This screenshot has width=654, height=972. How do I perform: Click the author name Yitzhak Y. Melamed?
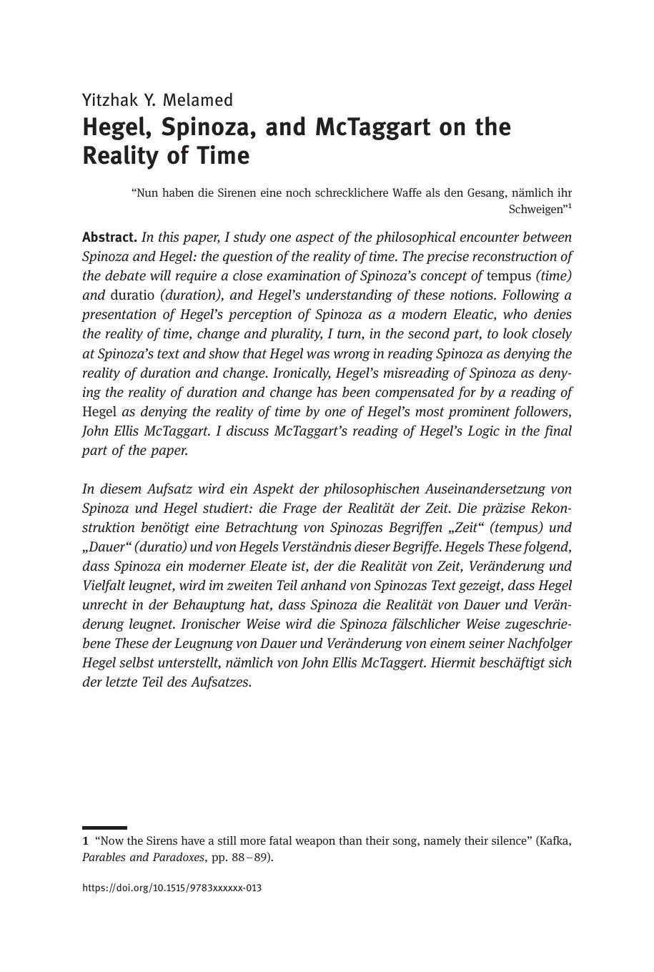click(157, 100)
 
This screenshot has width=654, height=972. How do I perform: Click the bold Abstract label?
click(109, 237)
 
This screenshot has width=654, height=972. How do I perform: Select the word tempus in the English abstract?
click(509, 276)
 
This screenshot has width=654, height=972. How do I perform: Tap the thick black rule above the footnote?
click(104, 828)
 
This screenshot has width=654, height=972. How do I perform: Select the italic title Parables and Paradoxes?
click(143, 858)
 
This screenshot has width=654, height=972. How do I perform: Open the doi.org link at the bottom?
click(172, 888)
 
